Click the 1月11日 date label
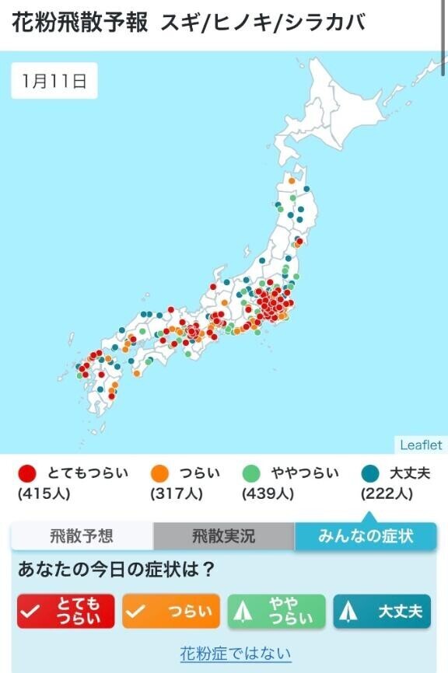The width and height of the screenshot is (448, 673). click(54, 81)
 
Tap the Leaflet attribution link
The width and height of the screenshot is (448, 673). click(421, 445)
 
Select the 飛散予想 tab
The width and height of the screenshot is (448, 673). click(82, 535)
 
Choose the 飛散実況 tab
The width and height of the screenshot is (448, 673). click(223, 535)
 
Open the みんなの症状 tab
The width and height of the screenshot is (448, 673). click(366, 535)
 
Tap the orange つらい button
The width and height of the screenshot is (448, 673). click(171, 612)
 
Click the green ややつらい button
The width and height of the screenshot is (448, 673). click(276, 612)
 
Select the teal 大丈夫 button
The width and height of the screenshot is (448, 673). click(381, 612)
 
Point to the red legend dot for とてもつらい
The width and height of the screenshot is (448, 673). click(28, 473)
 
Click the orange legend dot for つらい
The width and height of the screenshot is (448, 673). click(159, 473)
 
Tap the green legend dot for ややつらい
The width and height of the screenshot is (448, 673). click(251, 473)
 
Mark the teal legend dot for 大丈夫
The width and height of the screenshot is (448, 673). click(370, 473)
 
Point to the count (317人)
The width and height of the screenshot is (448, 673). click(176, 493)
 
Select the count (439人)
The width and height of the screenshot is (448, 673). click(268, 493)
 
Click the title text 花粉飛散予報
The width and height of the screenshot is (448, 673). click(80, 23)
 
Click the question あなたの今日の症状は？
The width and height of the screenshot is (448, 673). click(117, 570)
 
